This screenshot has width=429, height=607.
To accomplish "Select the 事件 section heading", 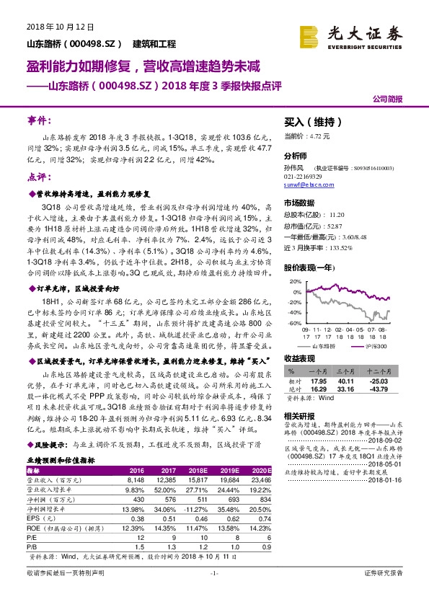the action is (x=40, y=118).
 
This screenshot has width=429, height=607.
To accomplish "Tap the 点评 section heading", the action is (x=40, y=177).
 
